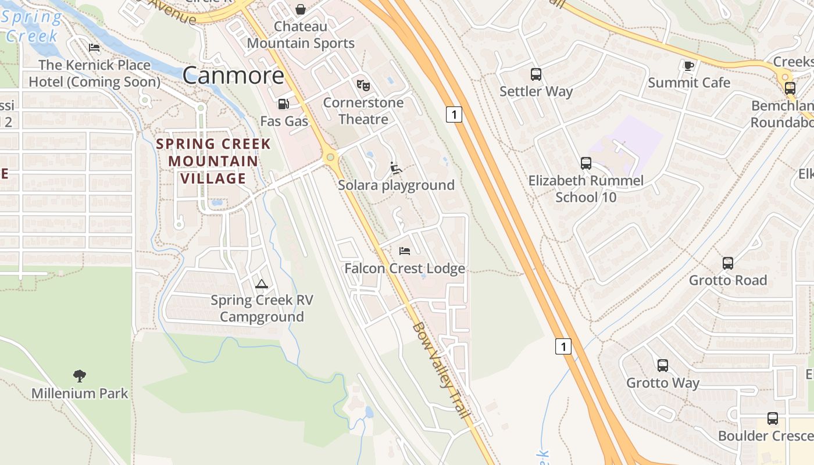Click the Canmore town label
tap(233, 76)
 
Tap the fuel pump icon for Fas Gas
tap(284, 104)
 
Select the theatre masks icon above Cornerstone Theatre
tap(363, 85)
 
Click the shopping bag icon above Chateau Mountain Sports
tap(301, 9)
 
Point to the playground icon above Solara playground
tap(396, 168)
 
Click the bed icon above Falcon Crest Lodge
tap(405, 251)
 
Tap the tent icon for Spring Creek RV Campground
tap(262, 284)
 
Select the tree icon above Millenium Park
tap(80, 375)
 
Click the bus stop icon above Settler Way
tap(536, 74)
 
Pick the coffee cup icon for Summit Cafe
tap(689, 66)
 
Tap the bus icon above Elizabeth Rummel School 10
tap(586, 163)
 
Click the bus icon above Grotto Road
tap(728, 263)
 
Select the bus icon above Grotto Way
tap(663, 366)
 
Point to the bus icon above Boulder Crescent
tap(773, 418)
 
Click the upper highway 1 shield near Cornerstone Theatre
tap(454, 114)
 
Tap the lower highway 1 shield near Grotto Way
tap(563, 346)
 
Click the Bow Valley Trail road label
tap(441, 371)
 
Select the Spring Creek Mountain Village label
tap(213, 161)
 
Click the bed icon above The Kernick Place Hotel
tap(94, 48)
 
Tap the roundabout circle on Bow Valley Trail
tap(330, 157)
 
